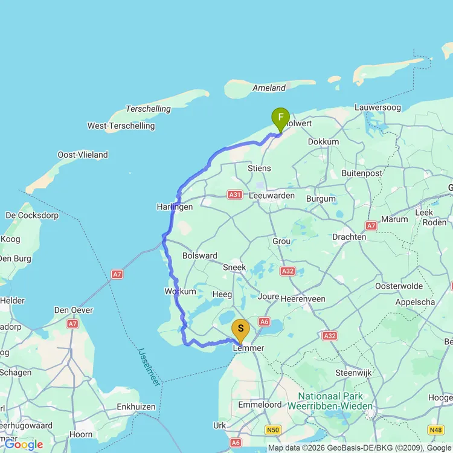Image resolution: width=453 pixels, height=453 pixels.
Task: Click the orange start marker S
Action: (241, 329)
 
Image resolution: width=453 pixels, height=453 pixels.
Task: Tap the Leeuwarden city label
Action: (272, 196)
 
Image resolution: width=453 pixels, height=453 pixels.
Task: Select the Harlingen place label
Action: (175, 207)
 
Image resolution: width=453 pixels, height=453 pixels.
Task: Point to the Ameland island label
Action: (269, 88)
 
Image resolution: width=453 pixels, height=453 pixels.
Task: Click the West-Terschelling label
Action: (121, 126)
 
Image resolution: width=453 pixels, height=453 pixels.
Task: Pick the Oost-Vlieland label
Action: (83, 155)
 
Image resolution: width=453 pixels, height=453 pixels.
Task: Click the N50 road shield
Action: (274, 429)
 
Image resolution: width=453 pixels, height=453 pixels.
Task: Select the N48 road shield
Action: (435, 430)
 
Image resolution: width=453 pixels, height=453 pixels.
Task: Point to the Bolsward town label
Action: (200, 255)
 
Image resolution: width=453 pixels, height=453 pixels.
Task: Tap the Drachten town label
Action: (349, 237)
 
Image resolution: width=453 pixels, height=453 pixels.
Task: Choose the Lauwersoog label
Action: (377, 108)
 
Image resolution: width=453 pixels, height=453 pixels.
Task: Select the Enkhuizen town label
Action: (137, 407)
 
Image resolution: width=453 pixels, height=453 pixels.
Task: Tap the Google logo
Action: (24, 445)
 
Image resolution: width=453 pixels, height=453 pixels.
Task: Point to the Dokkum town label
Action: (323, 141)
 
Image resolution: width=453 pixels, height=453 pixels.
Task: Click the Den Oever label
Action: (74, 310)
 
